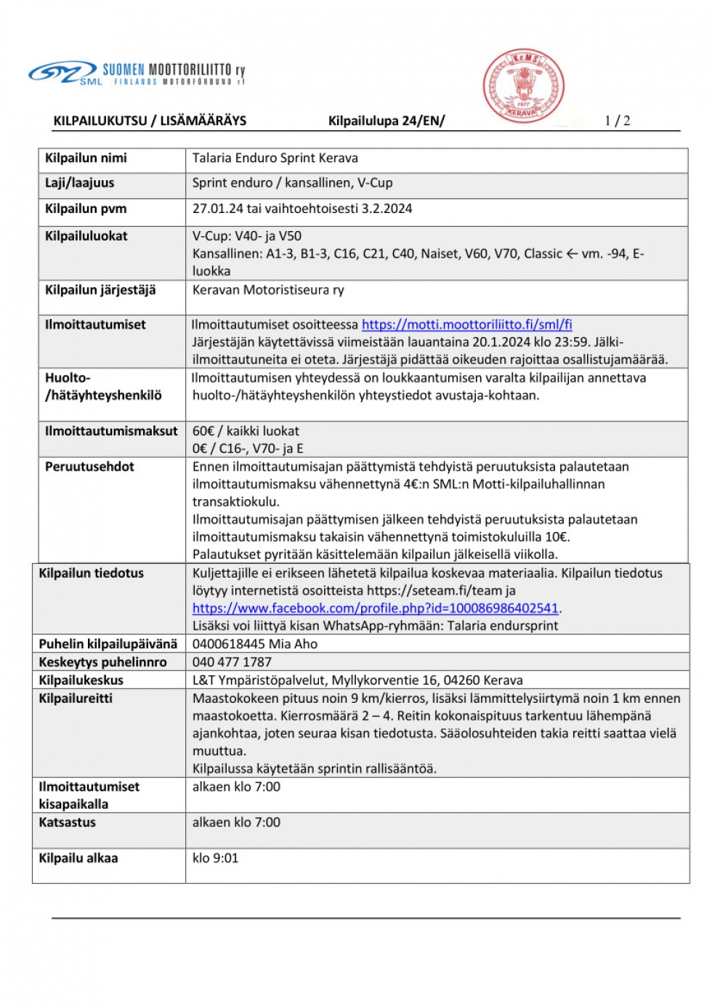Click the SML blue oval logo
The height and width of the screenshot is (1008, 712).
[62, 72]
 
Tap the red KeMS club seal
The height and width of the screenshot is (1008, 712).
[523, 86]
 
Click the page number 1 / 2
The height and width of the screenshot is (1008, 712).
[617, 121]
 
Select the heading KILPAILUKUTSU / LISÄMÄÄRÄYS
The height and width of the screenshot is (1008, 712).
[150, 121]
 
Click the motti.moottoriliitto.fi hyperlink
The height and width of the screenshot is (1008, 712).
[466, 325]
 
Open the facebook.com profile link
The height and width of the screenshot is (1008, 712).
[375, 608]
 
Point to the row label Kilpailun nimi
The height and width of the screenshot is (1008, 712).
[86, 158]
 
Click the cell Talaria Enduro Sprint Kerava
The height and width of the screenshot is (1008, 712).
[275, 158]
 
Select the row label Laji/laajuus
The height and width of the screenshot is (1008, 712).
[79, 183]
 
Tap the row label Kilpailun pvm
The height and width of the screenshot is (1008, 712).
[86, 209]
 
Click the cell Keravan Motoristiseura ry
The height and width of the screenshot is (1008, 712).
[268, 290]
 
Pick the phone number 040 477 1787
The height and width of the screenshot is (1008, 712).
[232, 662]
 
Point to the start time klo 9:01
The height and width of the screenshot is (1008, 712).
[215, 858]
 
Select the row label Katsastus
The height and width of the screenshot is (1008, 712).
[67, 823]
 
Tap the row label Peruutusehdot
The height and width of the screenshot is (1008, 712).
[89, 467]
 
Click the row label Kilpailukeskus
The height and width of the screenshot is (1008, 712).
[81, 680]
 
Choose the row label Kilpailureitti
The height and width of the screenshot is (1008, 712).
[76, 698]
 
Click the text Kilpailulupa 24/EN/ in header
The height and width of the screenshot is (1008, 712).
[386, 121]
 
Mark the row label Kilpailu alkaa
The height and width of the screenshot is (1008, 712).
[78, 858]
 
